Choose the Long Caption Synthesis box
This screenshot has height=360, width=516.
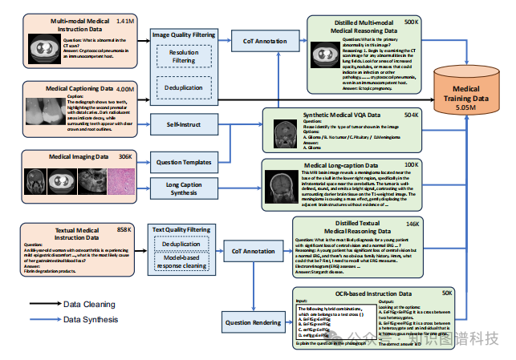(x=183, y=190)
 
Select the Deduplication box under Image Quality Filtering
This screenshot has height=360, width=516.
(x=183, y=87)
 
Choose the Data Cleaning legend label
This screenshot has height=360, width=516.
(x=91, y=304)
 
